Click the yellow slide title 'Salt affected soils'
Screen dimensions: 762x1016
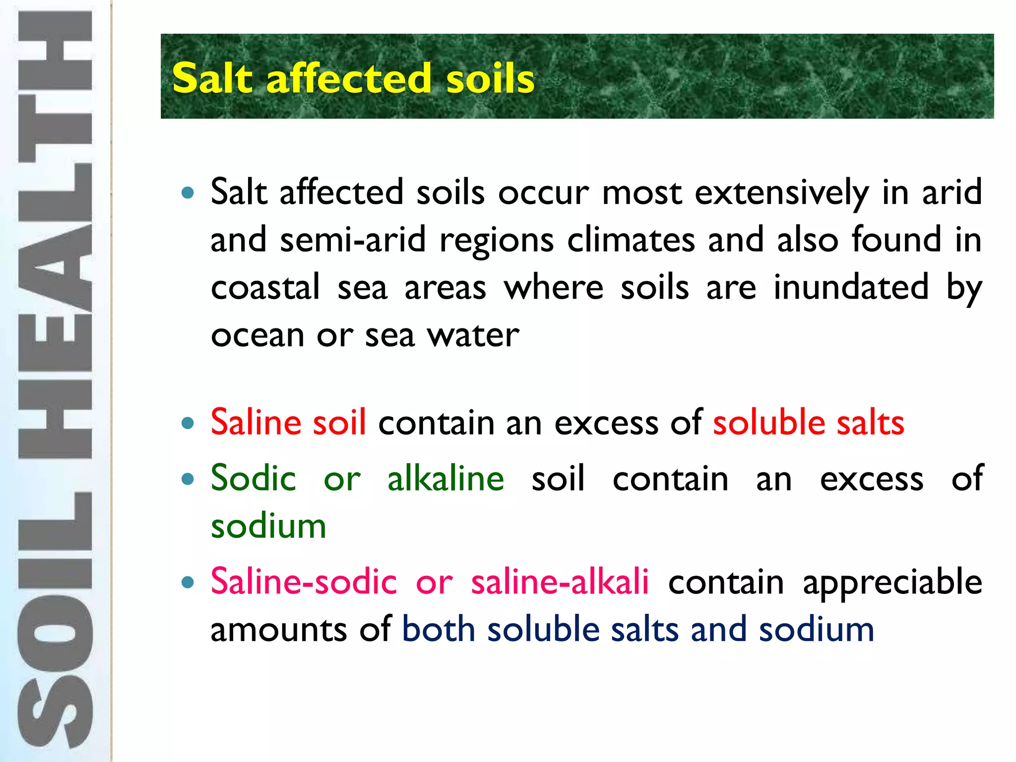[353, 78]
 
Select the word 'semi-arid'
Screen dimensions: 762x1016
[353, 240]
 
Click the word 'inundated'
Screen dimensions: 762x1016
[851, 287]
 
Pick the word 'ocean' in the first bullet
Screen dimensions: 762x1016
[256, 336]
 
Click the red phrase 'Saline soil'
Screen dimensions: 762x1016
[288, 422]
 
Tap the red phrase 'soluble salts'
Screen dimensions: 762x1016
[809, 422]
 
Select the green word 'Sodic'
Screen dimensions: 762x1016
[254, 478]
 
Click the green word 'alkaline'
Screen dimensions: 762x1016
[445, 478]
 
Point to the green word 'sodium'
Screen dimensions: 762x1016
[268, 526]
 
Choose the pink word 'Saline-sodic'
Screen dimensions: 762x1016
[304, 581]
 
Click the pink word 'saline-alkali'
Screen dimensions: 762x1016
[560, 581]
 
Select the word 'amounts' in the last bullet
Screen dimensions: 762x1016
[278, 630]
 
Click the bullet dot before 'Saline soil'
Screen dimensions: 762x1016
[188, 423]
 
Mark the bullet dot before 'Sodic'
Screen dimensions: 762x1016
[188, 479]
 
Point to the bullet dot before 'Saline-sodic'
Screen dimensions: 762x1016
[188, 582]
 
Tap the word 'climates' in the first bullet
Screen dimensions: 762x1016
[631, 240]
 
